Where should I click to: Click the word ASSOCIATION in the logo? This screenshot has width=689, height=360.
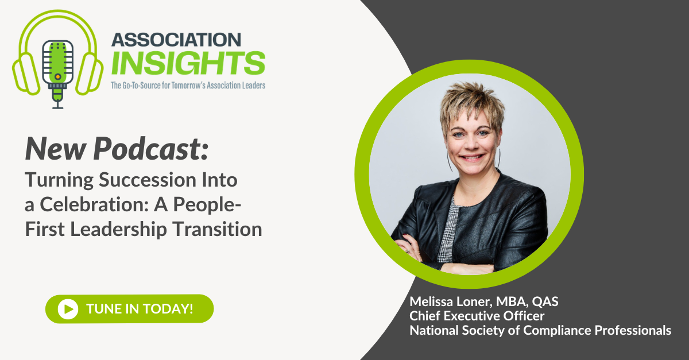[x=176, y=40]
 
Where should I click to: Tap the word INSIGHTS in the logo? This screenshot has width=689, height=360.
[x=188, y=63]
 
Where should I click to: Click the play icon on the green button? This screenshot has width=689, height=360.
[x=68, y=309]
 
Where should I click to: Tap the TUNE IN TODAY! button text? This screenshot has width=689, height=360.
[x=140, y=309]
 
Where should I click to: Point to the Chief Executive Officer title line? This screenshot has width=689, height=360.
[x=477, y=316]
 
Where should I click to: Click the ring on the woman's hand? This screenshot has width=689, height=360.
[x=407, y=251]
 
